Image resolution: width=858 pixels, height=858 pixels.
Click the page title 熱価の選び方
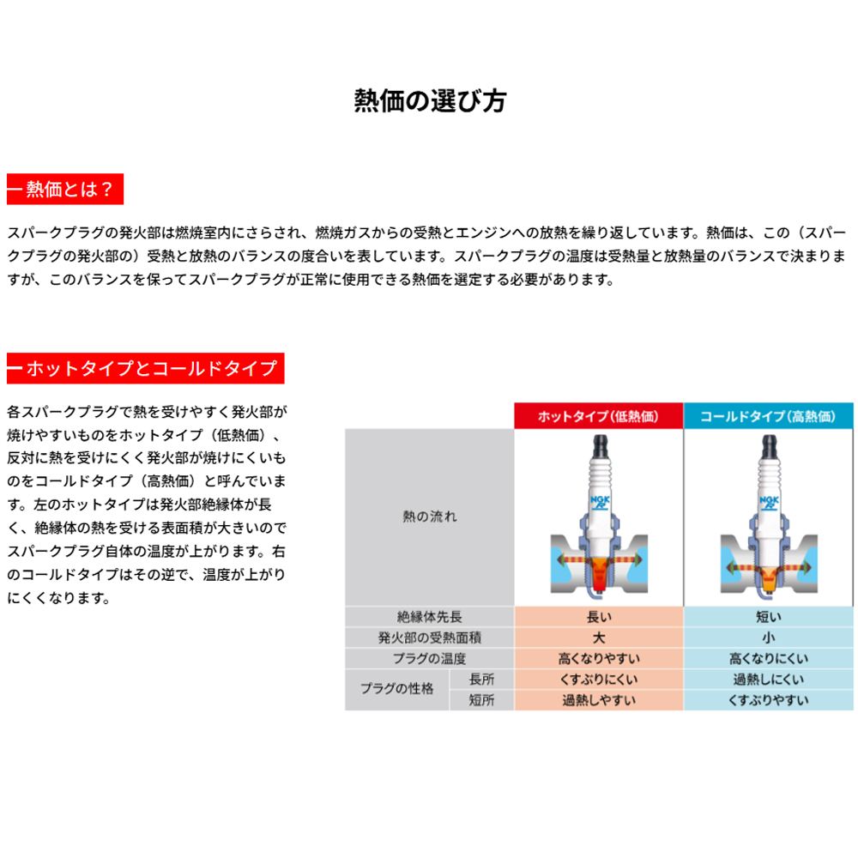tap(430, 101)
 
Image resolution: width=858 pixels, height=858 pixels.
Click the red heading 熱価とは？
tap(65, 190)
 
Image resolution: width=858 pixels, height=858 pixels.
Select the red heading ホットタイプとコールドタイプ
tap(146, 369)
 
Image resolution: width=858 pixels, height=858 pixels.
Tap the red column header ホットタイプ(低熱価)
tap(598, 416)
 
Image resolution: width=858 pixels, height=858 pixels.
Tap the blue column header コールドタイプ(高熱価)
tap(768, 416)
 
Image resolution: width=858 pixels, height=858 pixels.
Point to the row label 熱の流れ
tap(430, 517)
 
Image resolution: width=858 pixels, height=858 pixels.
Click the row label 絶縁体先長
tap(430, 617)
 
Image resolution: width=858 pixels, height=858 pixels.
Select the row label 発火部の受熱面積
tap(430, 637)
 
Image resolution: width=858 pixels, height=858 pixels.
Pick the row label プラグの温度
tap(430, 659)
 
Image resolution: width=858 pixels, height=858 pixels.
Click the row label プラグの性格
tap(397, 690)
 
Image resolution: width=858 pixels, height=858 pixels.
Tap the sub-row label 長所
tap(482, 680)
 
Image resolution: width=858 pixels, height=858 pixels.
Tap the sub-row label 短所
tap(482, 700)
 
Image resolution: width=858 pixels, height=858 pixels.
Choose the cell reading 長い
tap(598, 617)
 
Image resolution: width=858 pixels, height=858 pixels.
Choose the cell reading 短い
tap(768, 617)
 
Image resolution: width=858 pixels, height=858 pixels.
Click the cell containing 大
tap(598, 637)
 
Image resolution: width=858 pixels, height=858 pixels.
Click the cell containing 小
tap(768, 637)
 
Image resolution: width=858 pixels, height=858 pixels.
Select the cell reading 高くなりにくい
tap(768, 659)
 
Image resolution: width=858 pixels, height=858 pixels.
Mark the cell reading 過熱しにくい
tap(768, 680)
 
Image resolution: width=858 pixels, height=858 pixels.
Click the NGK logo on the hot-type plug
tap(598, 502)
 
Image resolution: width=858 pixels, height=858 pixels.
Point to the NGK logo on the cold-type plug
tap(768, 502)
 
